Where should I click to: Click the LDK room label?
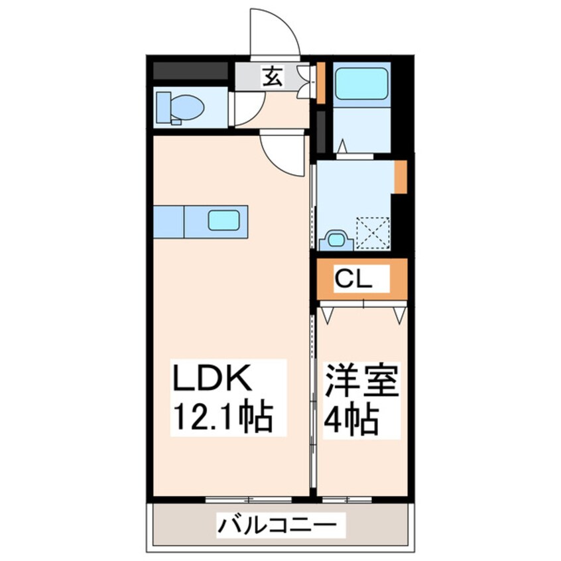coord(210,382)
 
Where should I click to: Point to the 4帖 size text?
coord(351,418)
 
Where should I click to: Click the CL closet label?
coord(352,279)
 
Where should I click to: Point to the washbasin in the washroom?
coord(337,239)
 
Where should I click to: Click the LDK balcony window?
coord(239,498)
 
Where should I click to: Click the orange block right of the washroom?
coord(400,177)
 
